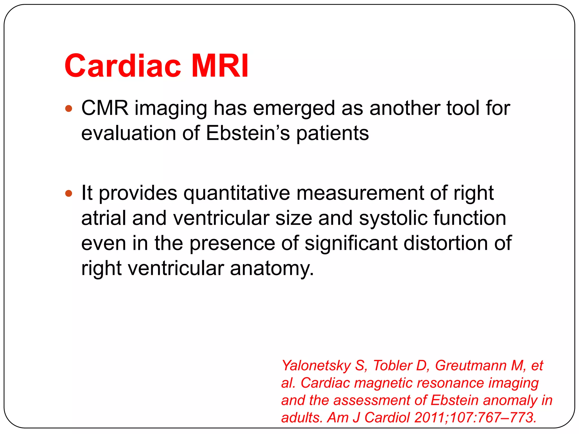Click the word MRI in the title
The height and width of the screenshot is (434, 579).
(220, 66)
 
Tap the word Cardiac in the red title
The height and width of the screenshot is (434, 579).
(123, 66)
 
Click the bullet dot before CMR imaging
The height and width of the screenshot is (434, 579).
(69, 108)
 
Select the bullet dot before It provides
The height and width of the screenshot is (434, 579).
(69, 194)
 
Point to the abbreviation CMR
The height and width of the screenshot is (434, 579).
(105, 108)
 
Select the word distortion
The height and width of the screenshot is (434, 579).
(446, 243)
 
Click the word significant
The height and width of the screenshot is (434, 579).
(351, 243)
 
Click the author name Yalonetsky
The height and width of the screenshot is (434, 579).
(316, 366)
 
